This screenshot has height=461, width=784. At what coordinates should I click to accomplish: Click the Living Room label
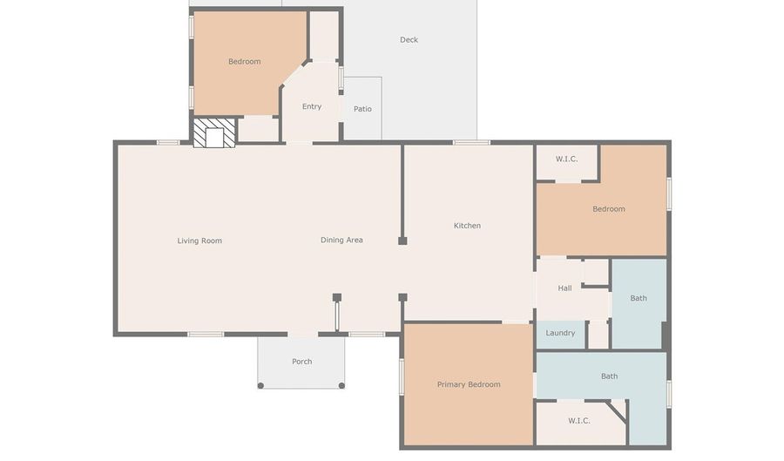point(199,241)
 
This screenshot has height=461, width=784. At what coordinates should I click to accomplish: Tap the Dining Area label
point(341,240)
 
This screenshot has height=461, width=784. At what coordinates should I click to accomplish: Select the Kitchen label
point(467,226)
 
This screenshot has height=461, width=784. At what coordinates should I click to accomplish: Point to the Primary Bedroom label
point(469,384)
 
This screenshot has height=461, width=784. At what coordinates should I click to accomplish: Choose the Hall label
point(564,288)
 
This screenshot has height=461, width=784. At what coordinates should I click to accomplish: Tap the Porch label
point(302,362)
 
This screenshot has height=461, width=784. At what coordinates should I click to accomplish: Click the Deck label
point(409,39)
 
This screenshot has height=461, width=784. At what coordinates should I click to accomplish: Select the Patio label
point(362,109)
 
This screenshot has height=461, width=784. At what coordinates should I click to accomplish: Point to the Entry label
point(312,106)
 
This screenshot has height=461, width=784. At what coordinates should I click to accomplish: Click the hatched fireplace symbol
point(214,132)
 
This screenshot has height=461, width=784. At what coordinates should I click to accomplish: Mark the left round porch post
point(260,385)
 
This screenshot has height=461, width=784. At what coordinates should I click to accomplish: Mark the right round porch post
point(341,385)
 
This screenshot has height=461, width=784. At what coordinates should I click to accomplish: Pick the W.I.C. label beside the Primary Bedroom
point(579,421)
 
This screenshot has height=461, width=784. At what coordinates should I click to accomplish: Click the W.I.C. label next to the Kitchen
point(566,159)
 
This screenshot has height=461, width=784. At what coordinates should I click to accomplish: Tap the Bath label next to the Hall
point(639,298)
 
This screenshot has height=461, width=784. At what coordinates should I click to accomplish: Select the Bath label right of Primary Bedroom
point(609,376)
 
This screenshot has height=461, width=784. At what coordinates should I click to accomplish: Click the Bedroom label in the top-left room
point(245,62)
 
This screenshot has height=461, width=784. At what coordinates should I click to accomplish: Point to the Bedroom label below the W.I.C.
point(609,209)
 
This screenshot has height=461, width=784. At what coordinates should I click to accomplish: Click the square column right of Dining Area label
point(402,241)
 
